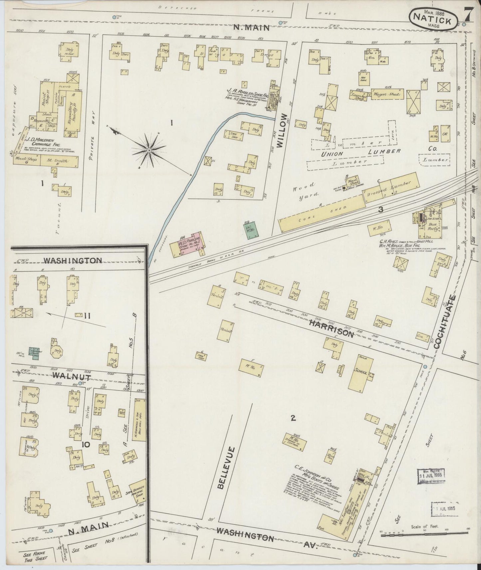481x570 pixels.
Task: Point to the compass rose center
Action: tap(149, 151)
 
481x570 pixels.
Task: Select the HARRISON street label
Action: tap(332, 329)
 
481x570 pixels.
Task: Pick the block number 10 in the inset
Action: tap(86, 444)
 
